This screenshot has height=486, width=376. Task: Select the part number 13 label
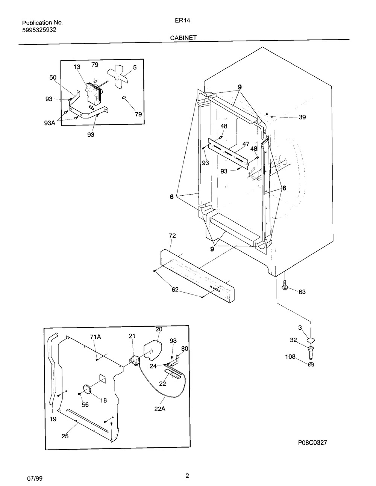(77, 67)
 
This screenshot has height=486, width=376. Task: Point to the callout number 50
(53, 77)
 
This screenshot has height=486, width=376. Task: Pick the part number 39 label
(302, 118)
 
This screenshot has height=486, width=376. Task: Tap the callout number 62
(175, 290)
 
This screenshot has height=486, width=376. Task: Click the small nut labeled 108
(311, 365)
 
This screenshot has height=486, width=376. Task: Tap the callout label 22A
(159, 409)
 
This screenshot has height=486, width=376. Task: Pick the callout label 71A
(96, 337)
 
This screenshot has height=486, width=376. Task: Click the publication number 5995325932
(39, 30)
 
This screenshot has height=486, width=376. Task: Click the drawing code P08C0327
(313, 443)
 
